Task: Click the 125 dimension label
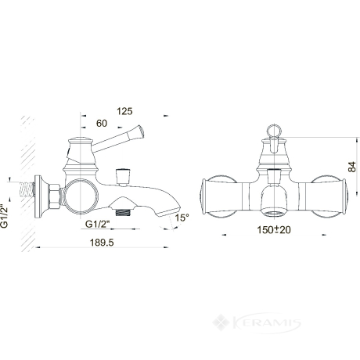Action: (x=124, y=111)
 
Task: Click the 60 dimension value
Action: (x=102, y=123)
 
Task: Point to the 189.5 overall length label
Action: (x=102, y=243)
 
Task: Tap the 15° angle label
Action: (x=182, y=218)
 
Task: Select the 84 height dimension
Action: (x=351, y=167)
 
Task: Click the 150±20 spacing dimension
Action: (x=274, y=230)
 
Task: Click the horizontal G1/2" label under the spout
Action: (x=98, y=224)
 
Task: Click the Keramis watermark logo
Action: (x=257, y=323)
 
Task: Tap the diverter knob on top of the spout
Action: (x=123, y=177)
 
